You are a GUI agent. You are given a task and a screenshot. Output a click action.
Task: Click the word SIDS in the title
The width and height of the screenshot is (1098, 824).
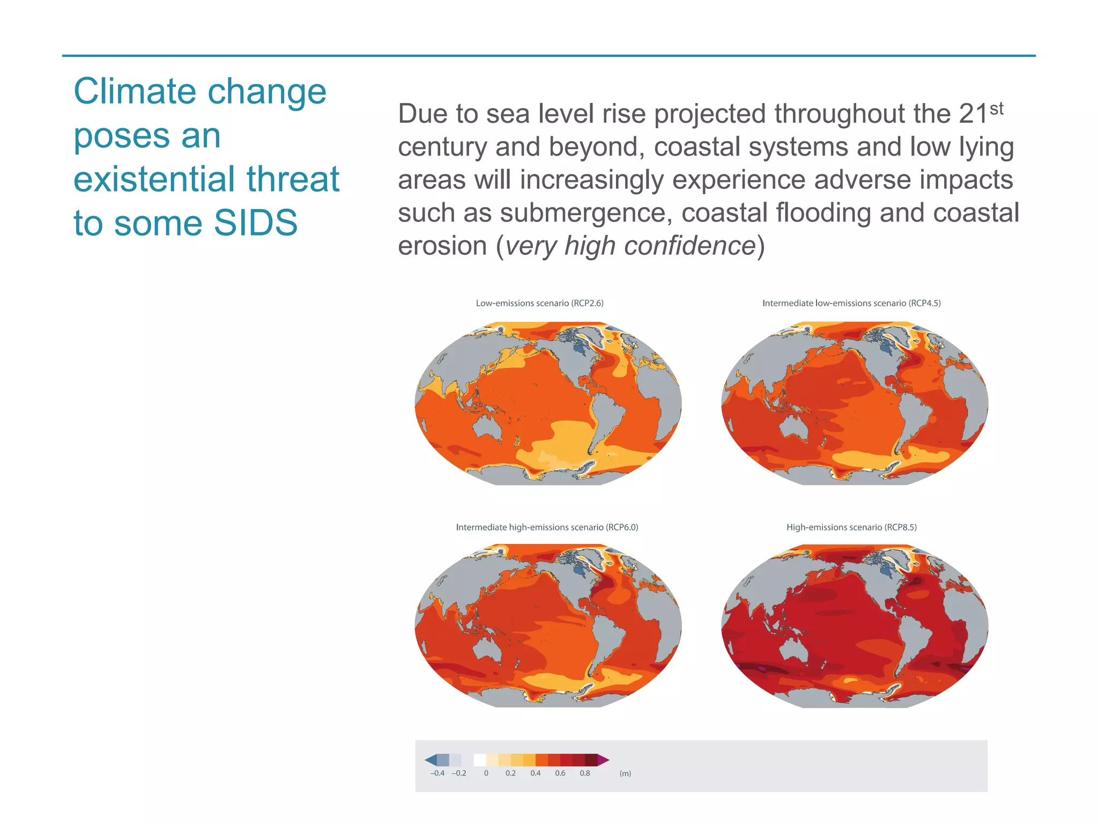[255, 223]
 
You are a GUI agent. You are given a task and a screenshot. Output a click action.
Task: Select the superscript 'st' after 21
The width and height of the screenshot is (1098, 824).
[996, 109]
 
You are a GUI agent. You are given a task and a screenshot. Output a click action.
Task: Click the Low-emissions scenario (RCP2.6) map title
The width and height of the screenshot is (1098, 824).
[539, 303]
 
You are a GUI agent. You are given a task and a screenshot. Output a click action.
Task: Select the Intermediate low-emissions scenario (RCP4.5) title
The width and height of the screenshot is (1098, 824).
[851, 303]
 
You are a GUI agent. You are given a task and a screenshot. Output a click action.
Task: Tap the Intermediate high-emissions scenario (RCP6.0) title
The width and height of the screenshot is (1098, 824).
[546, 527]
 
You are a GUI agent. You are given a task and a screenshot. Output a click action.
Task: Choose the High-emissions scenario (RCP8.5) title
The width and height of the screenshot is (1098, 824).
[851, 527]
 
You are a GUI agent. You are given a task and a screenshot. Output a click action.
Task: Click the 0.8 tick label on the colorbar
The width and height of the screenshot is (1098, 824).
[584, 773]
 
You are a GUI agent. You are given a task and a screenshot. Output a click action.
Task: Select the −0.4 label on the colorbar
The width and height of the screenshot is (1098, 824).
[437, 773]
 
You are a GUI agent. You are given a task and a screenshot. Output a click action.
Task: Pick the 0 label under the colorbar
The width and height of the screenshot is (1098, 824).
[486, 773]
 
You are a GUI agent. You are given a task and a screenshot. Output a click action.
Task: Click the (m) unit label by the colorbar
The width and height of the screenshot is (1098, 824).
[625, 773]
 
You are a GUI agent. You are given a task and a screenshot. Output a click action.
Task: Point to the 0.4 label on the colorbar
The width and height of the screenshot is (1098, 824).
[535, 773]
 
